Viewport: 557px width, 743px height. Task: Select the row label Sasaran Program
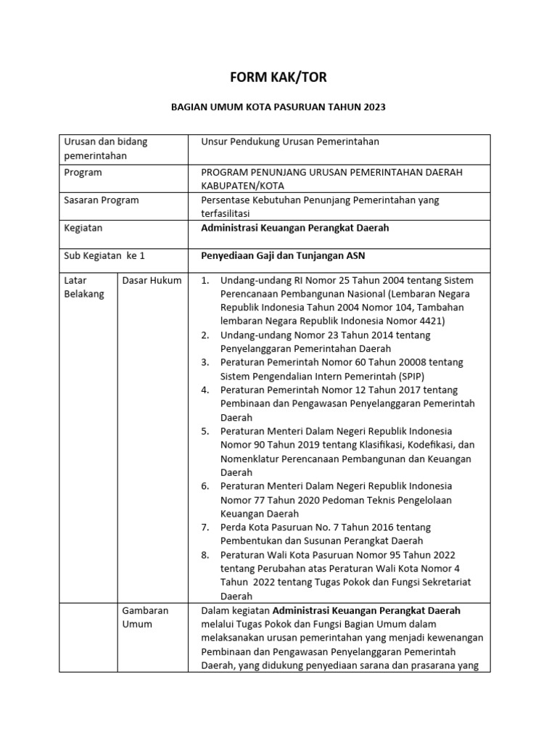coord(102,200)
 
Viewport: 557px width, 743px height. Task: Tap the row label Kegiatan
coord(83,228)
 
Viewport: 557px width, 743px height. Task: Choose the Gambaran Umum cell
coord(145,617)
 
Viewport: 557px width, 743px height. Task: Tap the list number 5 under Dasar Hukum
coord(205,431)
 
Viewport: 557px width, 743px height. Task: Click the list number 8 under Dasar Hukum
coord(205,555)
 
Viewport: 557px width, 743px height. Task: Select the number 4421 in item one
coord(431,321)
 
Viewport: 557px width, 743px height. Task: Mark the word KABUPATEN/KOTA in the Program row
coord(239,186)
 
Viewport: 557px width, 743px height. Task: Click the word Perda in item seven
coord(234,528)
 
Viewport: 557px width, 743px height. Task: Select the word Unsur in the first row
coord(215,141)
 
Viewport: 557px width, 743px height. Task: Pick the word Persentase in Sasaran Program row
coord(227,200)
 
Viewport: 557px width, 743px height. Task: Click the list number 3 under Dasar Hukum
coord(205,362)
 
